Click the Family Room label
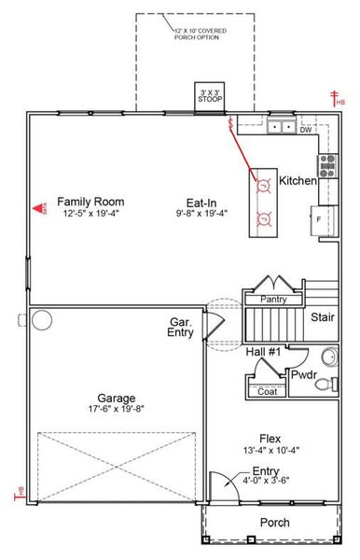[90, 202]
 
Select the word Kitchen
[298, 180]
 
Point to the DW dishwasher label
[306, 130]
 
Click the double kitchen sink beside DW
[281, 127]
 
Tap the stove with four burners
[328, 166]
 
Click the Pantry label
[273, 300]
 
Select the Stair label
[323, 316]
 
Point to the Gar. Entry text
[180, 329]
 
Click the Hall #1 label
[263, 352]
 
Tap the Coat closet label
[267, 392]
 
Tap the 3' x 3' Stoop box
[210, 98]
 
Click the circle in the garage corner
[42, 321]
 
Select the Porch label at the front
[274, 523]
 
